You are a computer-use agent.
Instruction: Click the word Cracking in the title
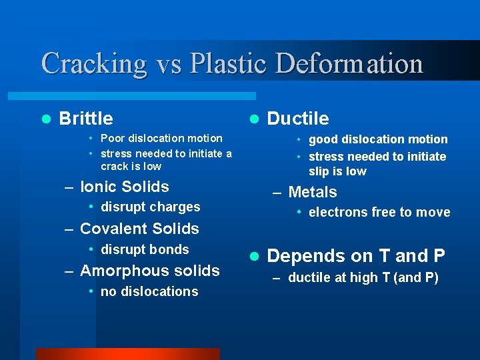93,65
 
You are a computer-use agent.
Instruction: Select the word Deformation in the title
349,64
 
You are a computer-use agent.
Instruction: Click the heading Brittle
86,119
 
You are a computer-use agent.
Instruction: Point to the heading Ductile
298,119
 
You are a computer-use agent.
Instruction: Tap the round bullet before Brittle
45,119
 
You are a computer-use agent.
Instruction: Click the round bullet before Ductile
253,119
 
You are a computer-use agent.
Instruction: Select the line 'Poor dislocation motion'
161,138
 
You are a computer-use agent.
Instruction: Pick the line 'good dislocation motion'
378,139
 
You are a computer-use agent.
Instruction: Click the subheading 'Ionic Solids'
124,187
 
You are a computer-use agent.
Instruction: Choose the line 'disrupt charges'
150,207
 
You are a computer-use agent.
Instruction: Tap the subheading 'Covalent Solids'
139,229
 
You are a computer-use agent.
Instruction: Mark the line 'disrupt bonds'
145,249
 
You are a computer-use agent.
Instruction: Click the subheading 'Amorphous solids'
149,271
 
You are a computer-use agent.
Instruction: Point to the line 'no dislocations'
149,291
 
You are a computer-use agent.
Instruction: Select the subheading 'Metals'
312,192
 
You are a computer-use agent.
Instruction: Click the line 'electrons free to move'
379,213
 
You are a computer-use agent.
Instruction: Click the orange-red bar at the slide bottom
127,354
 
